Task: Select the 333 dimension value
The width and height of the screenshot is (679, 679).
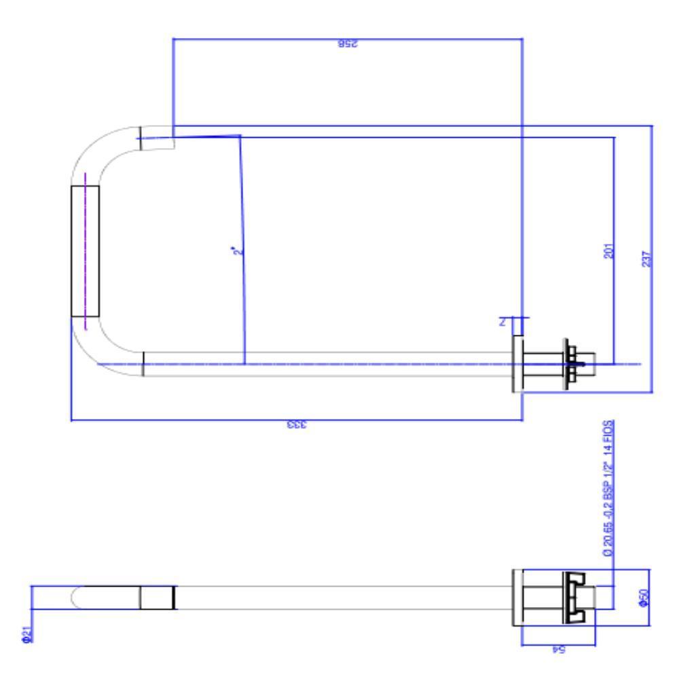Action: click(x=297, y=426)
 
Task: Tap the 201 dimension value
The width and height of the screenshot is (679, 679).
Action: click(x=608, y=251)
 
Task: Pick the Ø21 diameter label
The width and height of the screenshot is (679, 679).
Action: click(x=25, y=636)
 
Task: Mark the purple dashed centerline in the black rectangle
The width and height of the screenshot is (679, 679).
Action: click(x=85, y=251)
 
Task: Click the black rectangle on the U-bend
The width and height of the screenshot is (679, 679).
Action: click(x=85, y=251)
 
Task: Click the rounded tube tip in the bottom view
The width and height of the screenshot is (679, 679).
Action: click(x=78, y=598)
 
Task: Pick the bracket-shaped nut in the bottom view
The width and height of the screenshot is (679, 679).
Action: click(x=574, y=598)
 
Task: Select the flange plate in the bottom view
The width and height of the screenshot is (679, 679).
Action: click(x=517, y=598)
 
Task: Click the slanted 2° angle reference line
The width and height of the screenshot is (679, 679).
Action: click(x=242, y=244)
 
